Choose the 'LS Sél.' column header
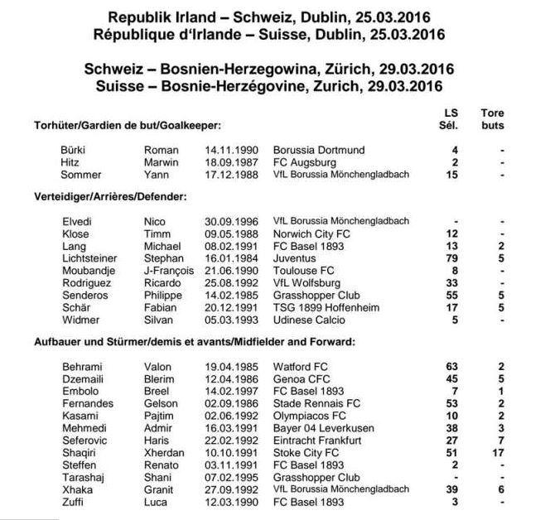pos(451,119)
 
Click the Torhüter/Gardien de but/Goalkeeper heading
pos(127,125)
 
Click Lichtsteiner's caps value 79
pos(454,258)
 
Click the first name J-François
pos(170,270)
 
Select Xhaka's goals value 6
pos(502,489)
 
